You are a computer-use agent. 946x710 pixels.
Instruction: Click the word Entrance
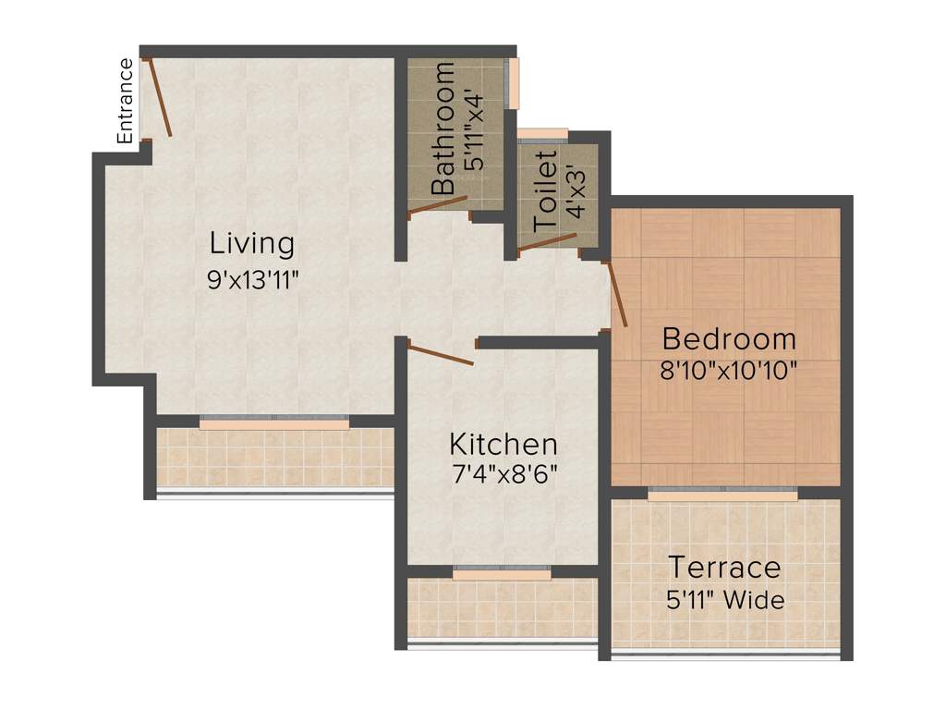tap(126, 101)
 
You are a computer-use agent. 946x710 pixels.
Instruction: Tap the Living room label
tap(252, 244)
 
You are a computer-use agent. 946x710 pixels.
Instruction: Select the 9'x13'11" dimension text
tap(253, 281)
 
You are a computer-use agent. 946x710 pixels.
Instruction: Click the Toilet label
tap(546, 190)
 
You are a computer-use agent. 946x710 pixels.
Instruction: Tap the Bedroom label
tap(728, 338)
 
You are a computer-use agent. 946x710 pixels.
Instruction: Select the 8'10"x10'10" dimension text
tap(728, 371)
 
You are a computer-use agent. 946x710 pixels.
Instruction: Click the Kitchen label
tap(503, 444)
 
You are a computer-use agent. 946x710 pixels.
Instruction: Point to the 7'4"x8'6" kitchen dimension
tap(503, 476)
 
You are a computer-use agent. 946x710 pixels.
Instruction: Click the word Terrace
tap(724, 567)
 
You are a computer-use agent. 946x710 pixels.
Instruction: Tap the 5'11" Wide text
tap(724, 600)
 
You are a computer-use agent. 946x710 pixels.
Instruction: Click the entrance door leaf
tap(157, 98)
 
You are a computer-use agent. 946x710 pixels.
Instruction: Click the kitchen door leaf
tap(441, 355)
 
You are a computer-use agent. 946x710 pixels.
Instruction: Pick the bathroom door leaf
tap(438, 205)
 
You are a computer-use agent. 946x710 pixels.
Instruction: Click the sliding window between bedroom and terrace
tap(722, 493)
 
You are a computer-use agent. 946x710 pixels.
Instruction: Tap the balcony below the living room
tap(274, 458)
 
